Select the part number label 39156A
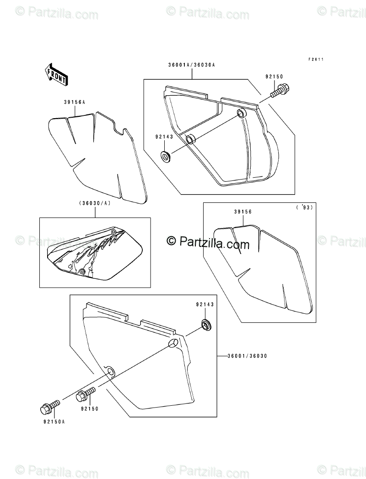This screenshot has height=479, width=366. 74,103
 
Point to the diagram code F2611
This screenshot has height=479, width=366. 319,60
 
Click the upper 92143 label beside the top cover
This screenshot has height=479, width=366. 164,136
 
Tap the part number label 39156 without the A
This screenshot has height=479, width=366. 243,212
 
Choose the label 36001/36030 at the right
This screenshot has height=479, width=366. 246,356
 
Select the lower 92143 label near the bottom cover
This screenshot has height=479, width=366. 205,304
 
